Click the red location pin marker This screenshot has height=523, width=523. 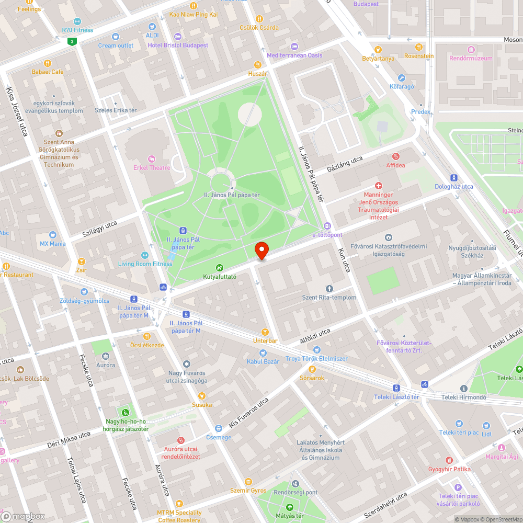(261, 251)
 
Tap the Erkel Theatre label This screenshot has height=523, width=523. (152, 167)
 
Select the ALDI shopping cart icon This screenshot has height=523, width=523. (152, 26)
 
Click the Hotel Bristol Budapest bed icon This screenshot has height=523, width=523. (178, 36)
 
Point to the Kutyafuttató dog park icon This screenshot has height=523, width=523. (220, 268)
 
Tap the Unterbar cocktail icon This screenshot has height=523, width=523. (265, 332)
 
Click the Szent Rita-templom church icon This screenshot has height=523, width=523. (329, 289)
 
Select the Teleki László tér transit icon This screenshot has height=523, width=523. (396, 388)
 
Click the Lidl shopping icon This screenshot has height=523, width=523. (486, 425)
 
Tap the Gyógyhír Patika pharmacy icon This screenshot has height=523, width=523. (449, 460)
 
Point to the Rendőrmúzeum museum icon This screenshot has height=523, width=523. (471, 50)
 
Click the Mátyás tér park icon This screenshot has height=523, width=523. (290, 507)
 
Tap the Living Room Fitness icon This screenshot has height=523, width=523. (145, 255)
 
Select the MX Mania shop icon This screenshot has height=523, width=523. (52, 235)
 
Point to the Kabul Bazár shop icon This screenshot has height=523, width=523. (263, 353)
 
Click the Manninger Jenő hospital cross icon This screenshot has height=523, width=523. (379, 186)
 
